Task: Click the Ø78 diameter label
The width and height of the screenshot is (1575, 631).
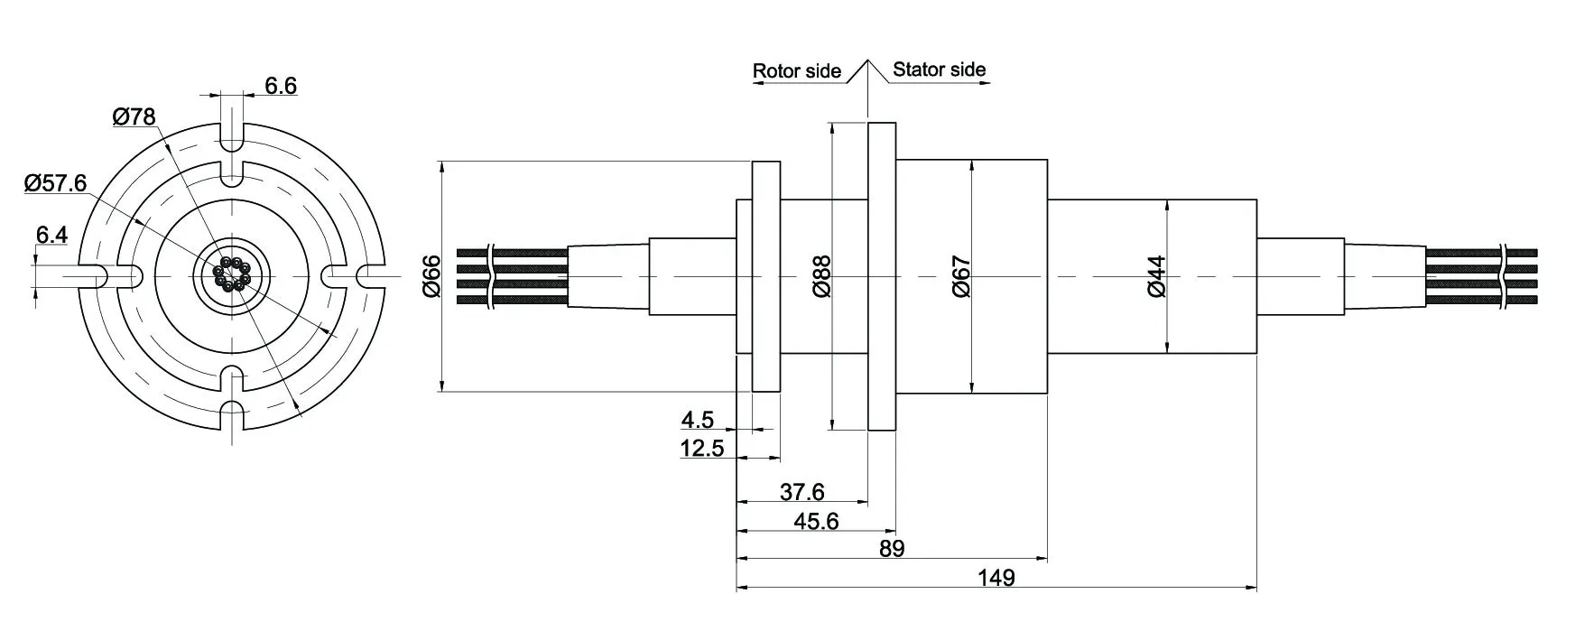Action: tap(134, 116)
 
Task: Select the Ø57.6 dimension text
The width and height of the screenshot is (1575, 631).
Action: tap(55, 183)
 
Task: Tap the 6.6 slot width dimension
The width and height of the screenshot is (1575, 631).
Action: tap(281, 86)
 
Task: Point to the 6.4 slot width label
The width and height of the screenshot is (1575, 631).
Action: tap(51, 236)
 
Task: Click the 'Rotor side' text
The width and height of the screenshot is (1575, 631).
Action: tap(796, 71)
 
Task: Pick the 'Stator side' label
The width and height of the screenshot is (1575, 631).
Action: tap(939, 70)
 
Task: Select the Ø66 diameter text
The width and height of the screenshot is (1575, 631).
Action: tap(431, 276)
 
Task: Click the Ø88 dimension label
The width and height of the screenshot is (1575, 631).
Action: tap(822, 276)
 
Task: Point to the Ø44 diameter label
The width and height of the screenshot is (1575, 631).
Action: tap(1156, 276)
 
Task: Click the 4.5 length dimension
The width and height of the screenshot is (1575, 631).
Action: tap(698, 420)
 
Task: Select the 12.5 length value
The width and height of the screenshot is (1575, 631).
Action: tap(702, 448)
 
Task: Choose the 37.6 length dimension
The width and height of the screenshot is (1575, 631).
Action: tap(802, 492)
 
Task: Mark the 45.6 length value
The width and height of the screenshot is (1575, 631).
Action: tap(816, 521)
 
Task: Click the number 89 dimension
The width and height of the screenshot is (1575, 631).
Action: tap(891, 549)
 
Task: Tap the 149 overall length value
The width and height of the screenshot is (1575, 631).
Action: tap(996, 578)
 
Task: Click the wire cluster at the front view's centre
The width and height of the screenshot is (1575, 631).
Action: tap(231, 274)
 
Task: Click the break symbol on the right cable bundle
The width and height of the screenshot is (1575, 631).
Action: tap(1505, 277)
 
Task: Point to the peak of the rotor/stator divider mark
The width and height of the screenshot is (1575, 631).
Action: tap(868, 60)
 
